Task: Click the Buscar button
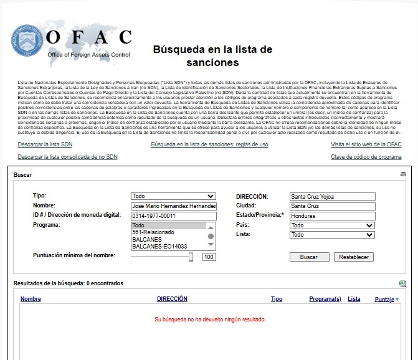[x=309, y=257]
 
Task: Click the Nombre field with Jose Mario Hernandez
[x=174, y=206]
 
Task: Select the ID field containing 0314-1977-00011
[x=174, y=216]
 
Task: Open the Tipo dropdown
[x=174, y=196]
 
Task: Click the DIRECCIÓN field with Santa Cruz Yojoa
[x=332, y=197]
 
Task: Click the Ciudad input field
[x=332, y=206]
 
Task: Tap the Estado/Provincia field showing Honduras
[x=332, y=216]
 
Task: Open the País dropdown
[x=332, y=225]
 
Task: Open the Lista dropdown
[x=332, y=235]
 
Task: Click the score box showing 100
[x=209, y=257]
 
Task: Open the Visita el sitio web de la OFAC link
[x=366, y=144]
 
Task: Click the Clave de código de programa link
[x=366, y=157]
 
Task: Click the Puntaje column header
[x=384, y=300]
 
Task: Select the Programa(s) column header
[x=325, y=299]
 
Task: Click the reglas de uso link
[x=209, y=144]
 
